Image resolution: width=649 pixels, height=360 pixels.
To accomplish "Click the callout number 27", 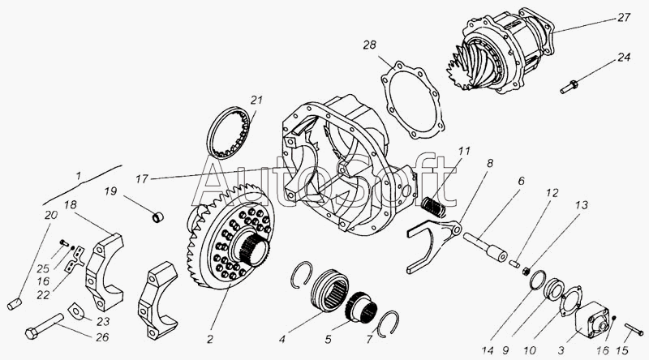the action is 623,18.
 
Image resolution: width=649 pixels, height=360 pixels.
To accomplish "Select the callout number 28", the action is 370,45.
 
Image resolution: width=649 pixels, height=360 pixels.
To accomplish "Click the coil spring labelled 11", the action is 434,207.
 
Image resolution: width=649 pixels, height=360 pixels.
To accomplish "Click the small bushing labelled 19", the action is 157,216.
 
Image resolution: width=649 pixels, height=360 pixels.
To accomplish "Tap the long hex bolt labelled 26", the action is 44,324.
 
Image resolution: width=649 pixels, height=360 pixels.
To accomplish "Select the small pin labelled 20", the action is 14,303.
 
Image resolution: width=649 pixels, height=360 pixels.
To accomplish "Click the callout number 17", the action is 141,179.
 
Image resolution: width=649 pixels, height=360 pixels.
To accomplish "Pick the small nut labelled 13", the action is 527,272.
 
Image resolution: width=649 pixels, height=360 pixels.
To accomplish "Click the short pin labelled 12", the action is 515,263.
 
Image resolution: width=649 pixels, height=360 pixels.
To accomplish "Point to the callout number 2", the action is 210,339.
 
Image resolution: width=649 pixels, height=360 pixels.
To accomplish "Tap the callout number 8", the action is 490,163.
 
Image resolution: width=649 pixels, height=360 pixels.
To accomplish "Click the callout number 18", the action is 70,205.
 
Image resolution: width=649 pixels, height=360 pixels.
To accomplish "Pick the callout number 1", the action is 78,175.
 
